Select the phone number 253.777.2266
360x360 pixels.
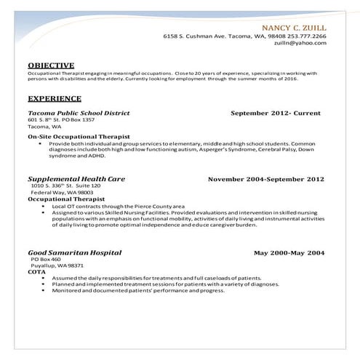tap(306, 36)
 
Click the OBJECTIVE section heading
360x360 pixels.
tap(51, 65)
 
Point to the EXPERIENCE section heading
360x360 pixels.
tap(55, 98)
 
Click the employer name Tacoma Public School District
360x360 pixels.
tap(79, 113)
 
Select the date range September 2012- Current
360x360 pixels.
tap(278, 113)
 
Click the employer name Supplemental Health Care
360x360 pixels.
tap(76, 178)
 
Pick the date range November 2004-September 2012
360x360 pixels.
tap(266, 178)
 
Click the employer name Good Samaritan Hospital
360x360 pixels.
tap(75, 252)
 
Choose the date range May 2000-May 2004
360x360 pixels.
tap(289, 252)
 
